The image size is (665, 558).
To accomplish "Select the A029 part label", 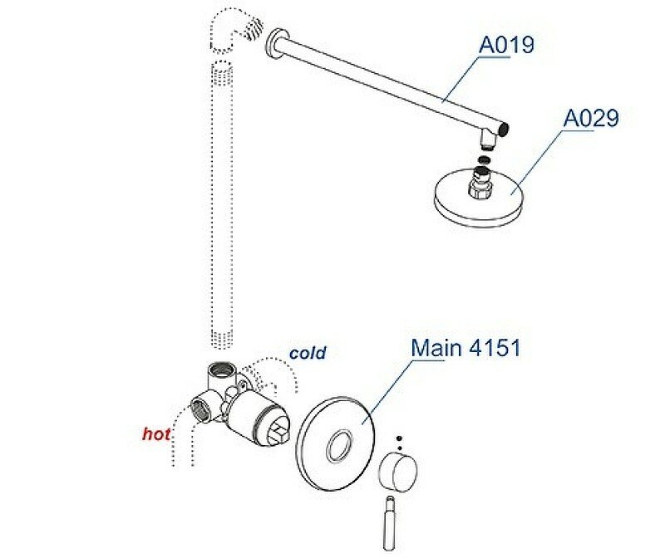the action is point(592,118).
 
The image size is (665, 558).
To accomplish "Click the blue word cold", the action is point(308,353).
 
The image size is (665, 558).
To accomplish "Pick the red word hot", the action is point(156,433).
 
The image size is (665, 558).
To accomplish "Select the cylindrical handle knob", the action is point(396,472).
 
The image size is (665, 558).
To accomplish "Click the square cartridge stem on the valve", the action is point(281,432).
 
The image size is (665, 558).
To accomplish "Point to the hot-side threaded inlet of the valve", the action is point(199,409).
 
